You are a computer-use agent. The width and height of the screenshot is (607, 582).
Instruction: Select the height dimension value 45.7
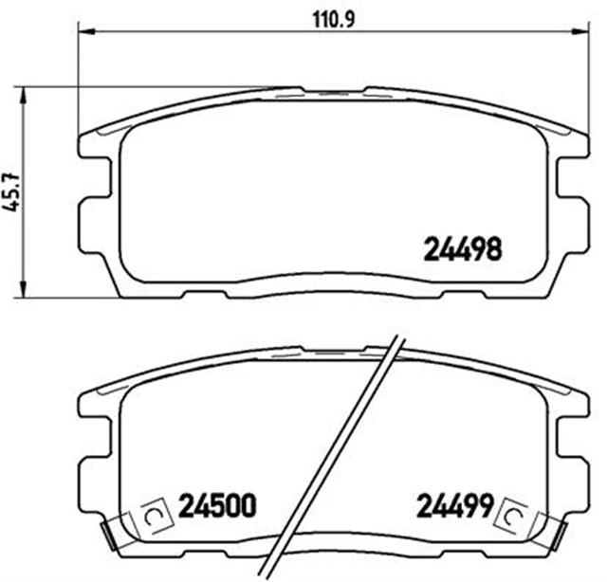(11, 195)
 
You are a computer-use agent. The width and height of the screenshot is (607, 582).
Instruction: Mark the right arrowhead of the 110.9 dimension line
(575, 33)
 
